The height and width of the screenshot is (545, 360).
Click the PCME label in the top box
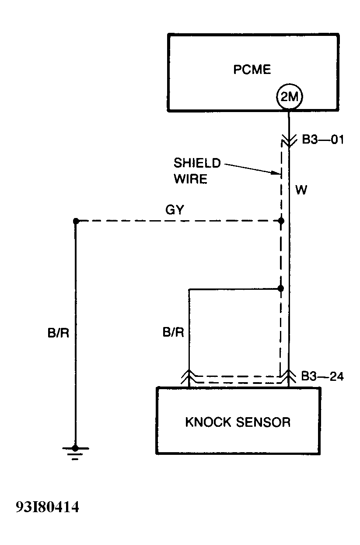tap(252, 70)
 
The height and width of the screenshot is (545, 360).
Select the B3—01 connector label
tap(323, 141)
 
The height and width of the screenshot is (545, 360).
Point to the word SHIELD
tap(197, 163)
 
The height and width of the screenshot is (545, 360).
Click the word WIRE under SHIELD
tap(190, 179)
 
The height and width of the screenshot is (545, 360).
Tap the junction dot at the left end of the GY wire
tap(76, 222)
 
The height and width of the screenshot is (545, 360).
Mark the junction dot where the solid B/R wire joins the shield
tap(281, 288)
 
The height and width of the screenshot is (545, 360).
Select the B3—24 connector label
tap(323, 376)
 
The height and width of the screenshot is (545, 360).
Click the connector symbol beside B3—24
tap(288, 376)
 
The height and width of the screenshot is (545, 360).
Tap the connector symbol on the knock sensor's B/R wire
tap(189, 376)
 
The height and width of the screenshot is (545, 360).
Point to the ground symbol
tap(75, 451)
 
